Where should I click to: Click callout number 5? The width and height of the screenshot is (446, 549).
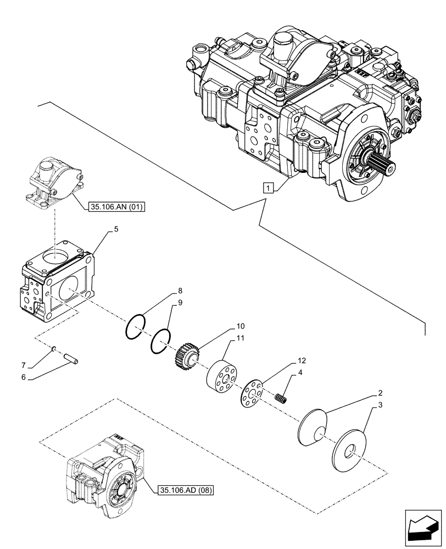coord(116,232)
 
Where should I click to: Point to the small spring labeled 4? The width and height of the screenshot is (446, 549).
coord(282,399)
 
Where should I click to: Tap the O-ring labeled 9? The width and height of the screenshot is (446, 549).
coord(160,340)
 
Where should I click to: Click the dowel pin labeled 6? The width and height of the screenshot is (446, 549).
coord(72,360)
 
